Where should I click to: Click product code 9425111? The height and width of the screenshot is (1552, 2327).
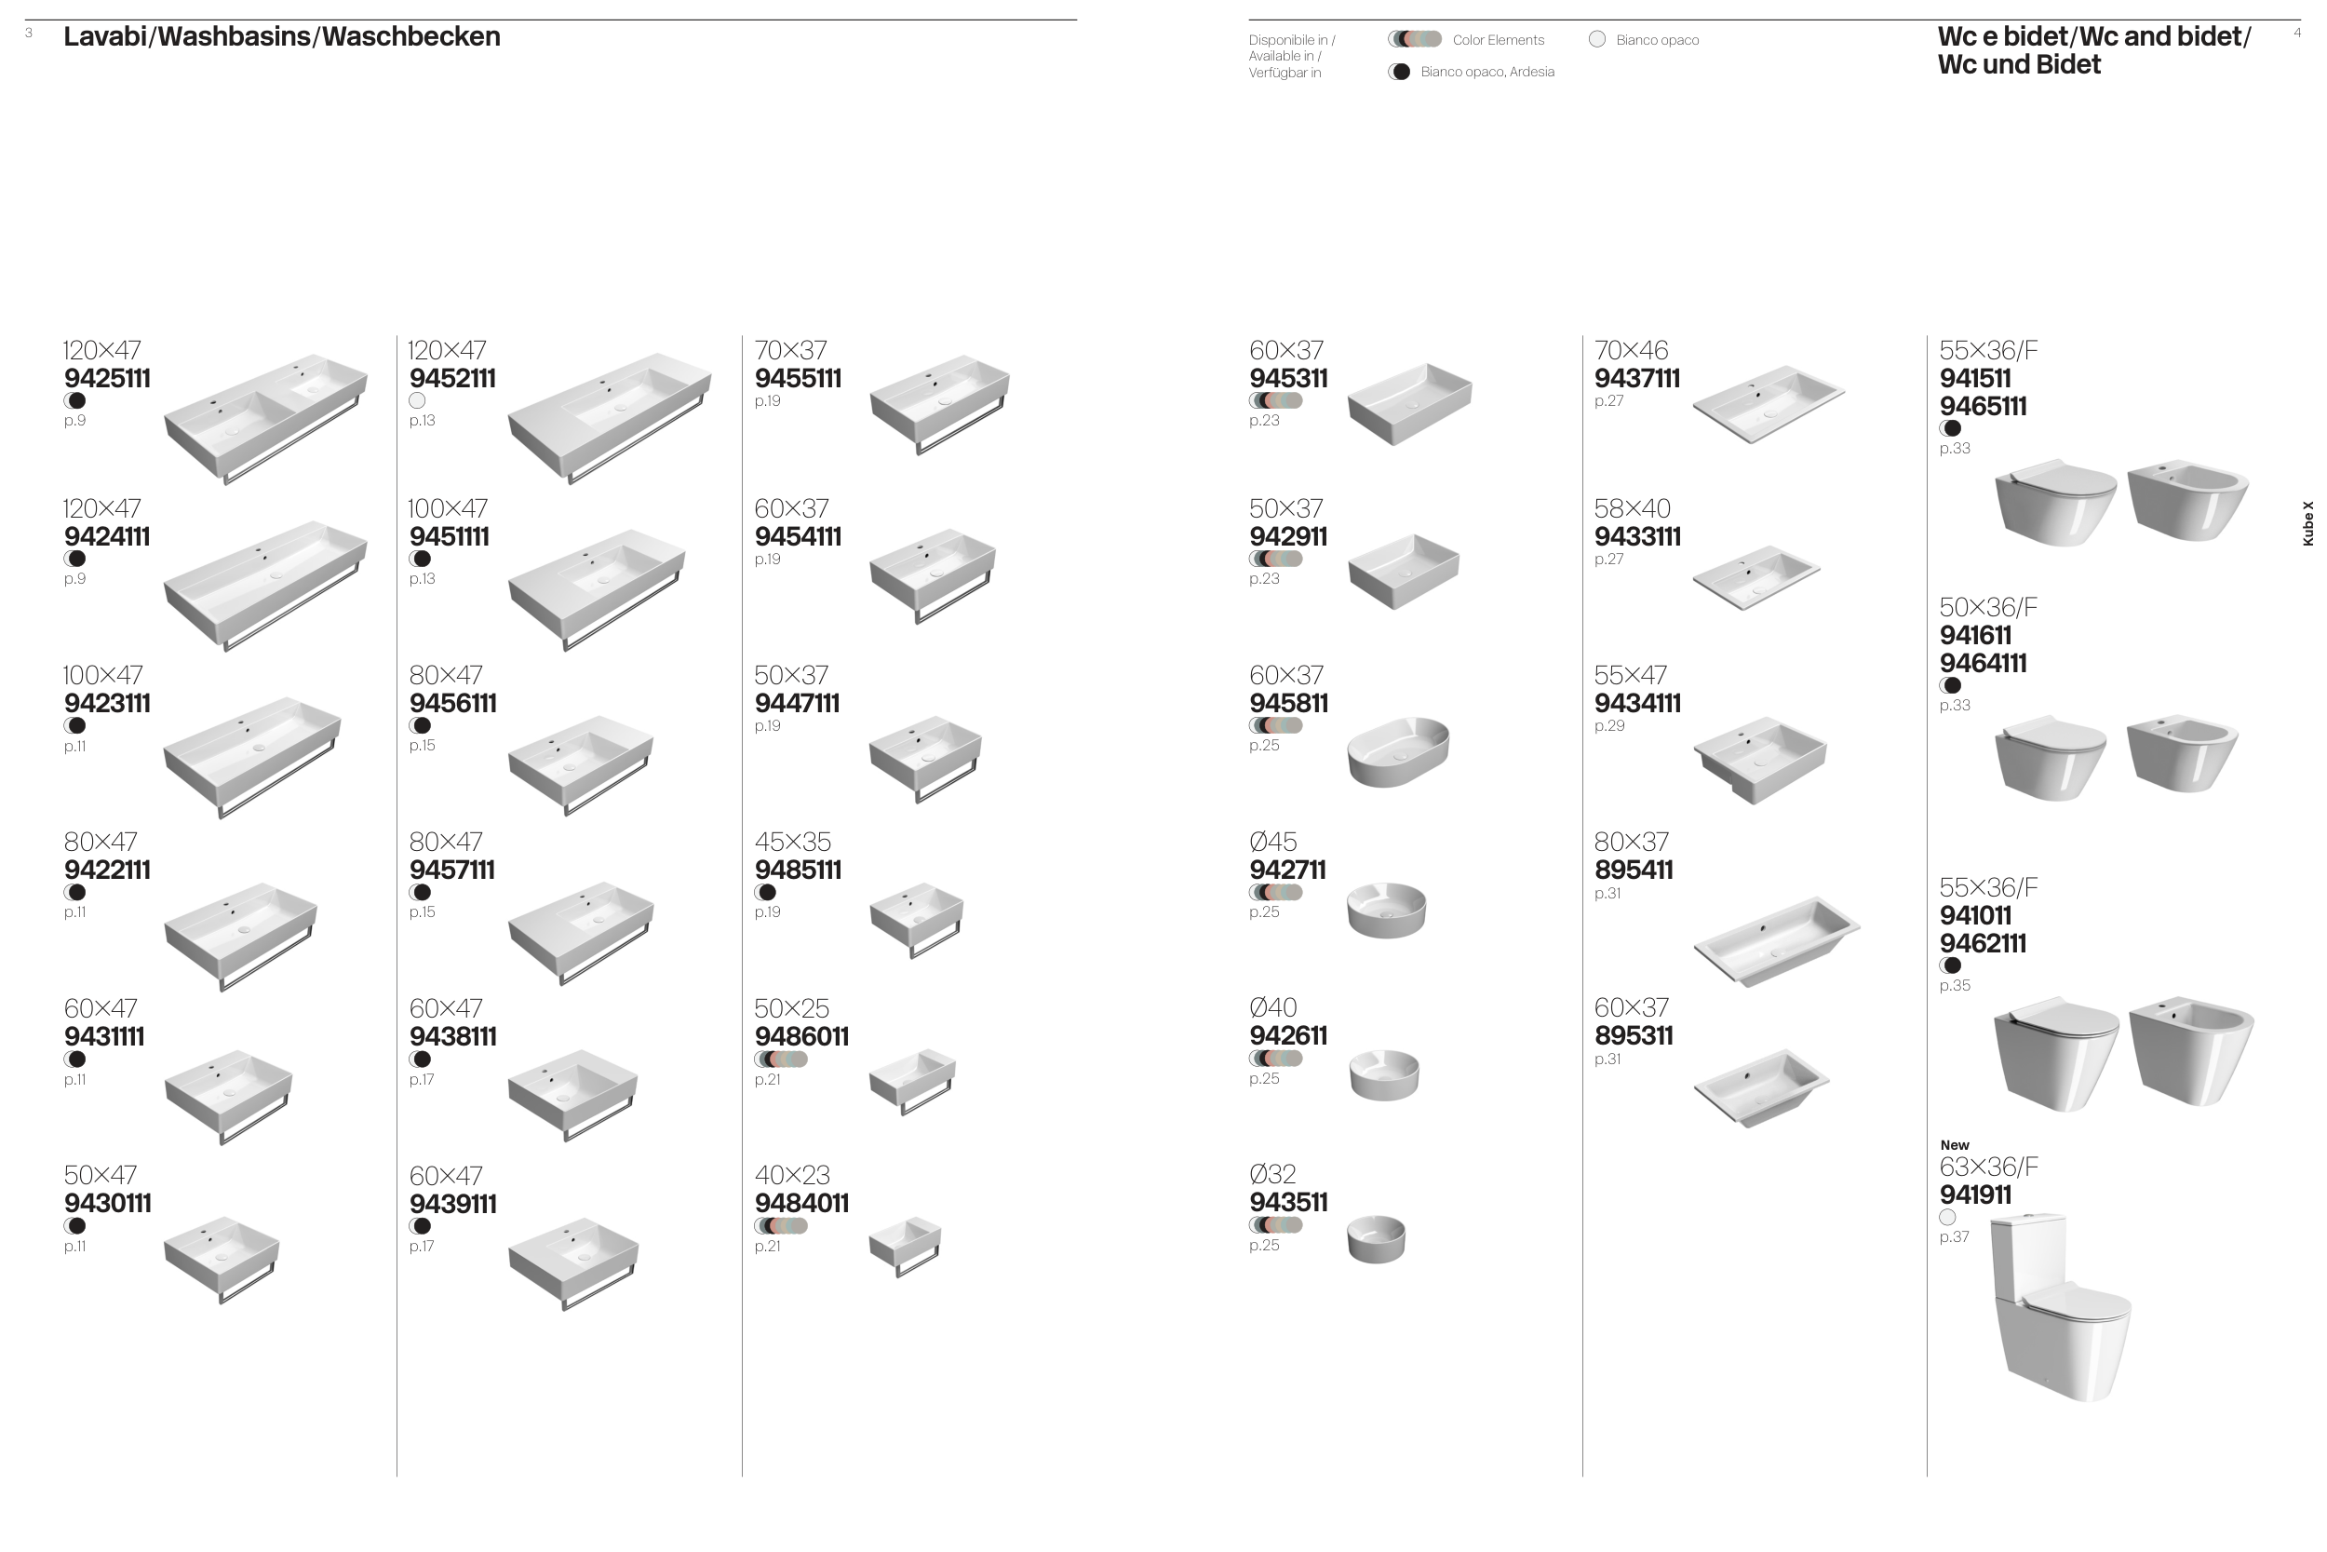point(107,378)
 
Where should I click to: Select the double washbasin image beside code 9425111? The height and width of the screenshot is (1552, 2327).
point(265,419)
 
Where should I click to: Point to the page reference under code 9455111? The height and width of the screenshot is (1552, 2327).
point(768,401)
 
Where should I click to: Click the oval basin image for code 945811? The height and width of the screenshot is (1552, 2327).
point(1398,751)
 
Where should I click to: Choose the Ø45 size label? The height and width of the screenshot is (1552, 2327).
point(1273,843)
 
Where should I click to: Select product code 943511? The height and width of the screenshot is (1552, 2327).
point(1288,1203)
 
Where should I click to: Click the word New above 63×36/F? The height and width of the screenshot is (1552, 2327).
point(1955,1145)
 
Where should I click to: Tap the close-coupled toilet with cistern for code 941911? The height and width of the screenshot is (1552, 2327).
point(2060,1305)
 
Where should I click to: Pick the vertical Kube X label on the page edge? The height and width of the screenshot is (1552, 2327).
point(2308,523)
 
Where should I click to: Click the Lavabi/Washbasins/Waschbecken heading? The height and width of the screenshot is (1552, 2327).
point(282,36)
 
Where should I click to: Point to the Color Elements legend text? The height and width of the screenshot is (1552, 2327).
point(1498,41)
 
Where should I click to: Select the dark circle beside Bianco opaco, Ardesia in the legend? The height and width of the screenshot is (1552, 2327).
point(1400,73)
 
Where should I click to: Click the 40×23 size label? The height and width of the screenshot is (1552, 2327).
point(791,1175)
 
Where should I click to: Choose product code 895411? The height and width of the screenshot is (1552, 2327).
point(1634,870)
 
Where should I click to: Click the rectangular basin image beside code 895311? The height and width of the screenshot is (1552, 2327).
point(1761,1087)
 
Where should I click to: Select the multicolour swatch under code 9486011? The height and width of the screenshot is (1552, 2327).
point(781,1059)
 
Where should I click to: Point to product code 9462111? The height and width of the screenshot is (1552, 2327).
point(1983,943)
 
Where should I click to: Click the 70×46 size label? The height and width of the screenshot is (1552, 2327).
point(1631,350)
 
